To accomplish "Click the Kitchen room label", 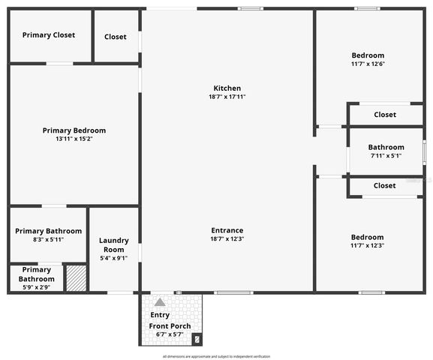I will click(227, 88).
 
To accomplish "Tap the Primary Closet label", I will click(49, 35).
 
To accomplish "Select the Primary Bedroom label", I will click(74, 130).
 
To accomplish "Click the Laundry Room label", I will click(114, 244).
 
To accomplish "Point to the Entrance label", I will click(227, 230).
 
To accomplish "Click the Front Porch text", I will click(170, 326).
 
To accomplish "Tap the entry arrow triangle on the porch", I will click(160, 302).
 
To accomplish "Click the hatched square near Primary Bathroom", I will click(76, 277).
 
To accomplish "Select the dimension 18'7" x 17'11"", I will click(227, 97).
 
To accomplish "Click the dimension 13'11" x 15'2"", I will click(74, 139).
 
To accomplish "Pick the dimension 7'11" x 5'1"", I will click(386, 156).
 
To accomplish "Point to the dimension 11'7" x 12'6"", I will click(368, 64).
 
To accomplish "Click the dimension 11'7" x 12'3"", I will click(368, 245).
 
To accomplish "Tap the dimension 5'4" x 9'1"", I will click(114, 258).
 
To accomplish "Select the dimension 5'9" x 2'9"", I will click(36, 286).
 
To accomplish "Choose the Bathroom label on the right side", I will click(386, 147).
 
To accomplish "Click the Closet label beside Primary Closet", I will click(116, 37).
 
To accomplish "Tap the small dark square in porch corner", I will click(197, 339).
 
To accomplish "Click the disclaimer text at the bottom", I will click(216, 356).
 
